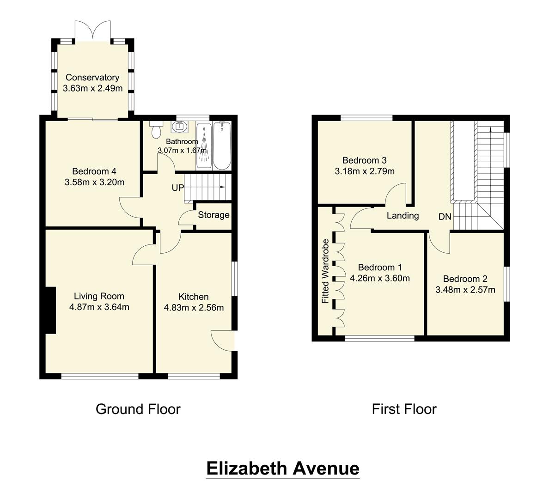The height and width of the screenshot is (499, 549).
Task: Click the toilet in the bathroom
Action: click(x=156, y=129)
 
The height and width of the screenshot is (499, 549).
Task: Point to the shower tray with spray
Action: click(x=204, y=146)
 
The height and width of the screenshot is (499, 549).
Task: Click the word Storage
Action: click(x=214, y=215)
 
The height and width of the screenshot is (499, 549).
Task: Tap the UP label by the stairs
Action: click(x=178, y=188)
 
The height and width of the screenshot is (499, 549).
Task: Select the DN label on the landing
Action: click(x=445, y=216)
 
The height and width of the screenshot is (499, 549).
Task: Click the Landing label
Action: click(x=403, y=215)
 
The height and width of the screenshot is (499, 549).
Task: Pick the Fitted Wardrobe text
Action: click(x=325, y=271)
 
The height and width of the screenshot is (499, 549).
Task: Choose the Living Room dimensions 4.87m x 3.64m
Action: click(x=99, y=307)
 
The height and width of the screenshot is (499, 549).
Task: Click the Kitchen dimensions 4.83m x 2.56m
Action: click(x=194, y=308)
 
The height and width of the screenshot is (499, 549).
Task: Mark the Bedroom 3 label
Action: click(x=364, y=160)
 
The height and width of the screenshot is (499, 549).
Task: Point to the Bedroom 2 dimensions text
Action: click(x=465, y=290)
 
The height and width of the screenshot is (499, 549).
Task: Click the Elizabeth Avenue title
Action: click(x=283, y=468)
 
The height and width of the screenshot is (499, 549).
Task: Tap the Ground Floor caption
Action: click(x=138, y=409)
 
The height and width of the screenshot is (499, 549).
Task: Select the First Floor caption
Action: click(x=404, y=409)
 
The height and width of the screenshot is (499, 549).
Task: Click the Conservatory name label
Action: click(x=92, y=78)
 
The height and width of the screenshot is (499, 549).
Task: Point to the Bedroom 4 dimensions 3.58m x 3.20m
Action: click(x=95, y=182)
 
